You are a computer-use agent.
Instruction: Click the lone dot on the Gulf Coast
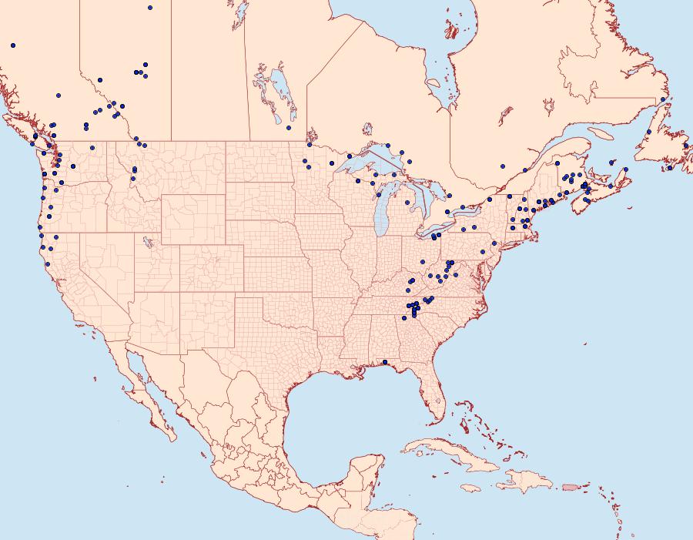click(x=385, y=362)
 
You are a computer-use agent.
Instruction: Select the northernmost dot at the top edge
click(x=150, y=8)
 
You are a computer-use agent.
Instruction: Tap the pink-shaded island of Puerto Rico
click(x=571, y=486)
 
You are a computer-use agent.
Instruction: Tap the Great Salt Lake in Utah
click(x=146, y=241)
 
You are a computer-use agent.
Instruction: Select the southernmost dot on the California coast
click(x=48, y=264)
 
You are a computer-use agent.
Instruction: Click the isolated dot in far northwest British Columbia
click(x=13, y=45)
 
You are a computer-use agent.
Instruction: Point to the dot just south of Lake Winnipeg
click(x=289, y=128)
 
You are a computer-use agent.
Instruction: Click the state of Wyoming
click(x=192, y=216)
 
